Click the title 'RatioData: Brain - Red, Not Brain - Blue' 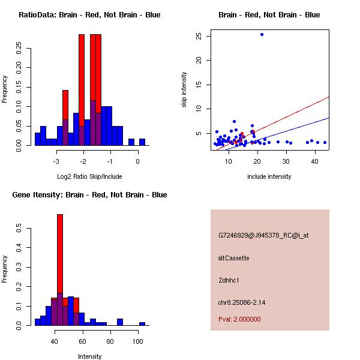89,15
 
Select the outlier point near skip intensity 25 262,35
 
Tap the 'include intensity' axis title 269,176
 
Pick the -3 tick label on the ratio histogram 56,162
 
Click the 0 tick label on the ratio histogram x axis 138,162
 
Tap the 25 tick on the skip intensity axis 199,36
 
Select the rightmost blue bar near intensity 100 142,323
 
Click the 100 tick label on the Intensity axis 138,342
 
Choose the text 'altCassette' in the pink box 233,258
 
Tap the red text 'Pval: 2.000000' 239,319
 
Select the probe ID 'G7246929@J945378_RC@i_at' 263,236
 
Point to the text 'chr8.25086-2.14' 241,302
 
